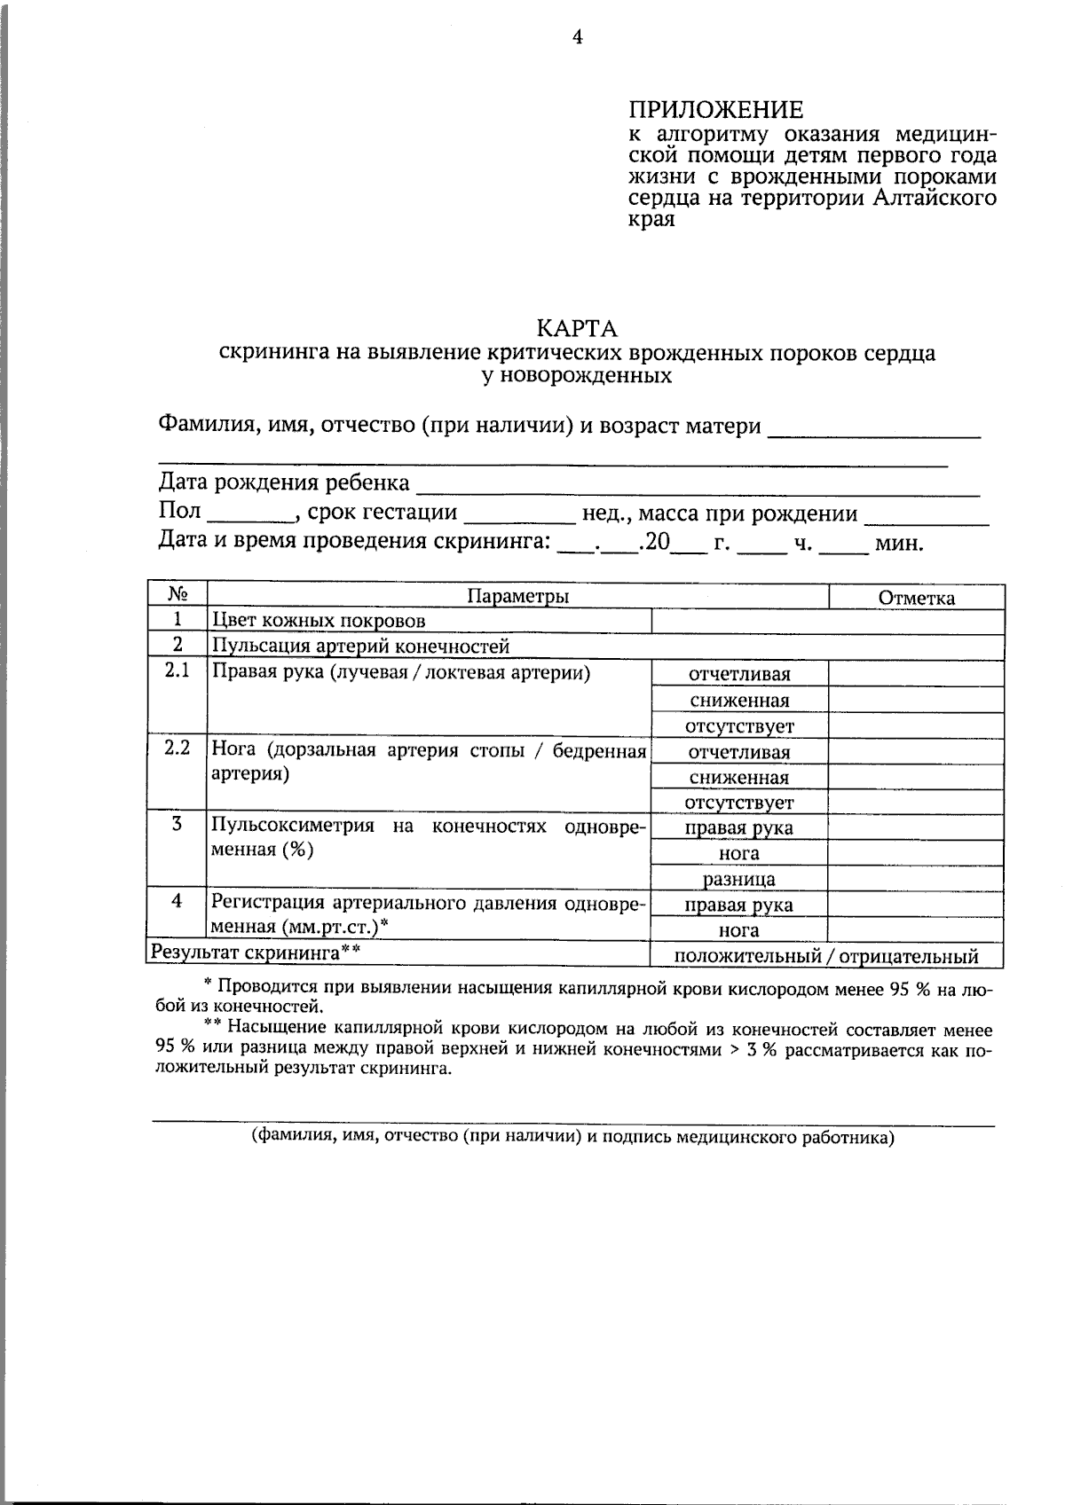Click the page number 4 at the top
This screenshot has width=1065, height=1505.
click(577, 36)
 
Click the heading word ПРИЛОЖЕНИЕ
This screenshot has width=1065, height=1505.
click(715, 110)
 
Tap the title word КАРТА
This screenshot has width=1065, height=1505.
click(577, 329)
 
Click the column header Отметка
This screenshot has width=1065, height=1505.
click(916, 598)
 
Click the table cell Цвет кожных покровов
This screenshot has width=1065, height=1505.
click(318, 621)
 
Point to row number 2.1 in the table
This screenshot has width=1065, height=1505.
click(177, 671)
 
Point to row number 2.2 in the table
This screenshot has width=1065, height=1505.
click(177, 748)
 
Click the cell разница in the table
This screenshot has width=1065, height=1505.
click(739, 880)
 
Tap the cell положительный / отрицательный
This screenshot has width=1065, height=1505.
click(826, 956)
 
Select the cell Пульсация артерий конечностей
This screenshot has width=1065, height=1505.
click(359, 647)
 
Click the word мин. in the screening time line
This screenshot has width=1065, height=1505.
click(899, 544)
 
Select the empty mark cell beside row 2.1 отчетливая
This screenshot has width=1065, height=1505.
click(916, 674)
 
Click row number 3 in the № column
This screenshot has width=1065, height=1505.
click(177, 824)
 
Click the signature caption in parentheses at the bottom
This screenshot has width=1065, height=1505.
click(572, 1137)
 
